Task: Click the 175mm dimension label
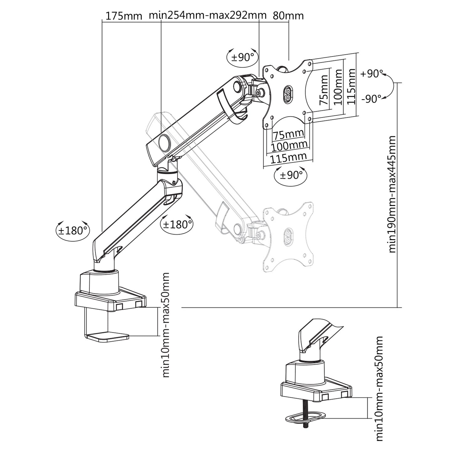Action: tap(124, 16)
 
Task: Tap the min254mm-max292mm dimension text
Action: tap(208, 15)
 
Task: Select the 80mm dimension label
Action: tap(288, 16)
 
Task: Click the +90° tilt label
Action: tap(371, 74)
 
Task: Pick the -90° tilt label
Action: tap(371, 99)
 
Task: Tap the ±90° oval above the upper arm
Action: tap(242, 57)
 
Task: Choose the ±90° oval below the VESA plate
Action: tap(291, 175)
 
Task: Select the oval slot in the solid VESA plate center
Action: tap(287, 94)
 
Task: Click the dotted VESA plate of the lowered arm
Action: tap(288, 237)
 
